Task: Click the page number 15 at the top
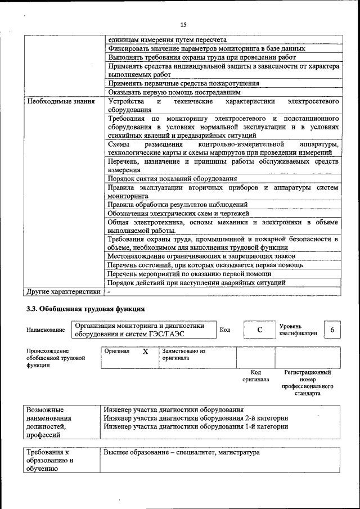pyautogui.click(x=183, y=24)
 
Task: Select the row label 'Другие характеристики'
pyautogui.click(x=63, y=291)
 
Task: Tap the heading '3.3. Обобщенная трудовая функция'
pyautogui.click(x=85, y=309)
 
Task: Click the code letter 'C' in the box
pyautogui.click(x=260, y=330)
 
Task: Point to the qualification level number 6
pyautogui.click(x=332, y=330)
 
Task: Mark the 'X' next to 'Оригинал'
pyautogui.click(x=145, y=352)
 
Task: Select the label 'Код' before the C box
pyautogui.click(x=224, y=330)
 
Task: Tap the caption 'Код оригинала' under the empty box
pyautogui.click(x=255, y=376)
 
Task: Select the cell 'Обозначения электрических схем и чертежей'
pyautogui.click(x=178, y=213)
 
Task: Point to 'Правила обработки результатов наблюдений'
pyautogui.click(x=177, y=205)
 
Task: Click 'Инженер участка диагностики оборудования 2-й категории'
pyautogui.click(x=196, y=418)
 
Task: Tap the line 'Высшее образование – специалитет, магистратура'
pyautogui.click(x=181, y=452)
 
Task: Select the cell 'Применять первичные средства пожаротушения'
pyautogui.click(x=183, y=83)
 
